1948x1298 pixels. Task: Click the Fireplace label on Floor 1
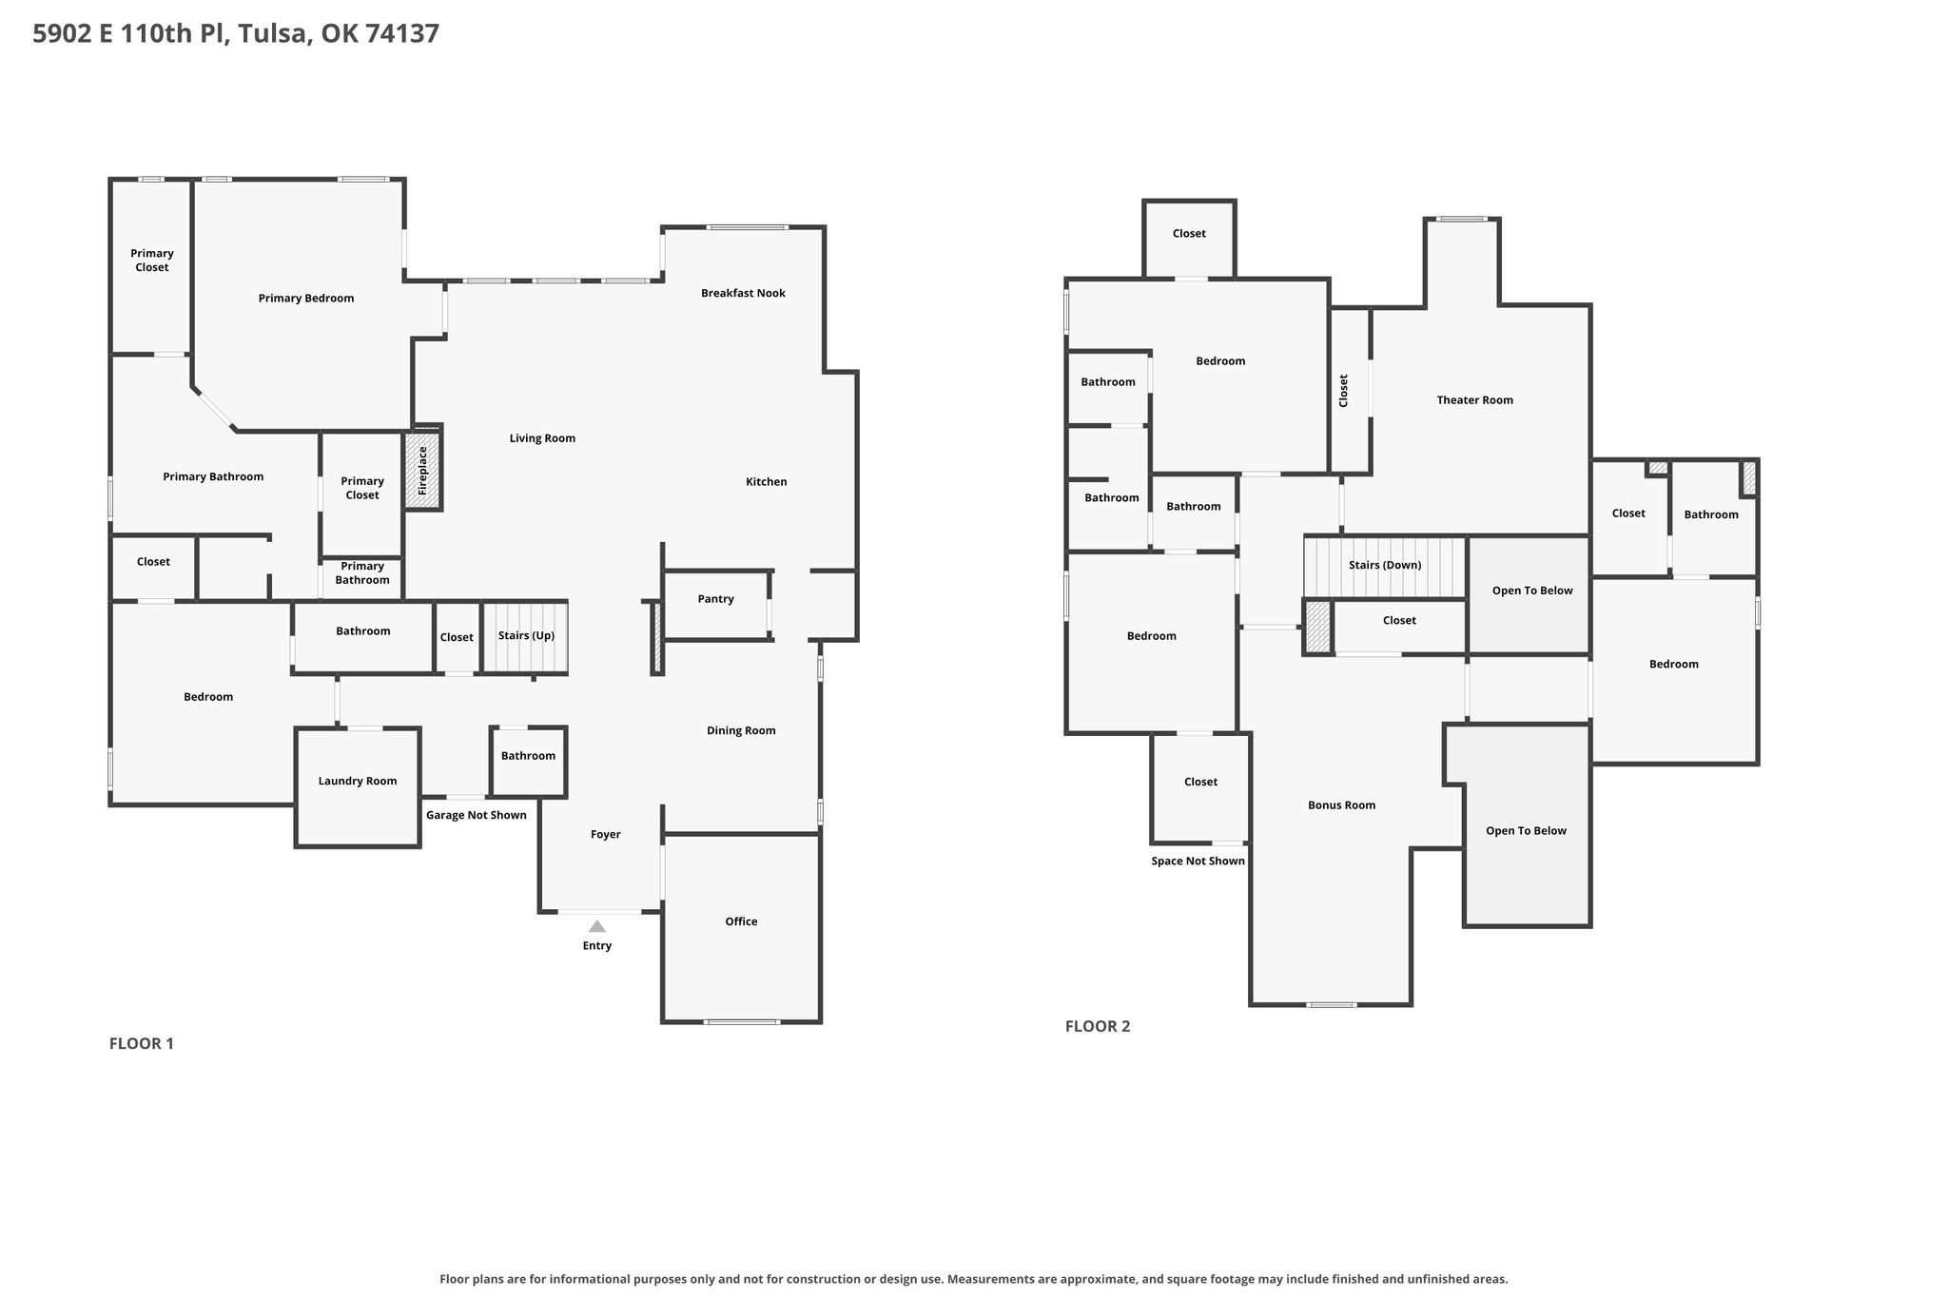point(423,471)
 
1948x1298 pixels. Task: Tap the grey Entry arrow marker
point(596,926)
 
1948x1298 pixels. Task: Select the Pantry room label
point(715,599)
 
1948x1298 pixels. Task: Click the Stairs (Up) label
point(526,636)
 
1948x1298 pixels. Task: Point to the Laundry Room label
point(358,782)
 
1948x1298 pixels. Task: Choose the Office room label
point(741,921)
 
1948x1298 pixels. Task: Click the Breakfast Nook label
point(743,293)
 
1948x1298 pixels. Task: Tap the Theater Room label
point(1474,400)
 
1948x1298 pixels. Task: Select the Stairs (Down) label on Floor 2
point(1385,565)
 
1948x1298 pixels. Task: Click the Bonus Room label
point(1341,805)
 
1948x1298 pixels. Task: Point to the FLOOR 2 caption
point(1098,1026)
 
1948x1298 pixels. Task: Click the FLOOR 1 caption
point(142,1043)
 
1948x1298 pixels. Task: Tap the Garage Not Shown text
point(476,815)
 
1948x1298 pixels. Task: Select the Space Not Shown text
point(1198,862)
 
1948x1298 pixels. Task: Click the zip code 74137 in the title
point(402,33)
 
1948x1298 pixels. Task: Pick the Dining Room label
point(741,731)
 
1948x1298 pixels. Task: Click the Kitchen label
point(766,482)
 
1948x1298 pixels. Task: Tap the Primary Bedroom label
point(306,299)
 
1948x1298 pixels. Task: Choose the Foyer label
point(605,835)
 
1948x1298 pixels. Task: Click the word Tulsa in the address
point(275,34)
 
